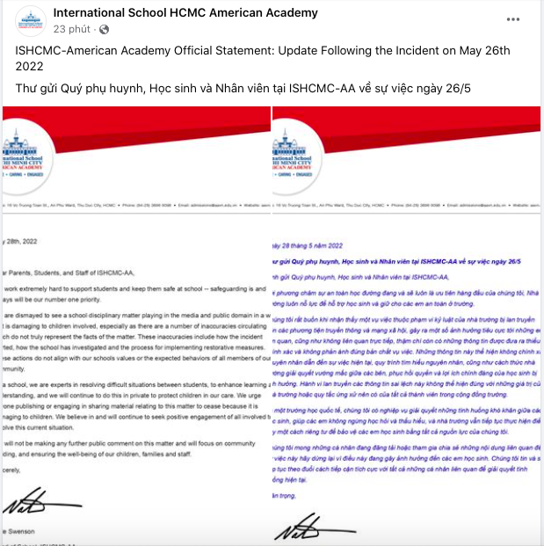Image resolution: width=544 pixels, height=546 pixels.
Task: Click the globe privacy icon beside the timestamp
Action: [104, 29]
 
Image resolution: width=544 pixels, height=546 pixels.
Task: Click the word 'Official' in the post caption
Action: [199, 50]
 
